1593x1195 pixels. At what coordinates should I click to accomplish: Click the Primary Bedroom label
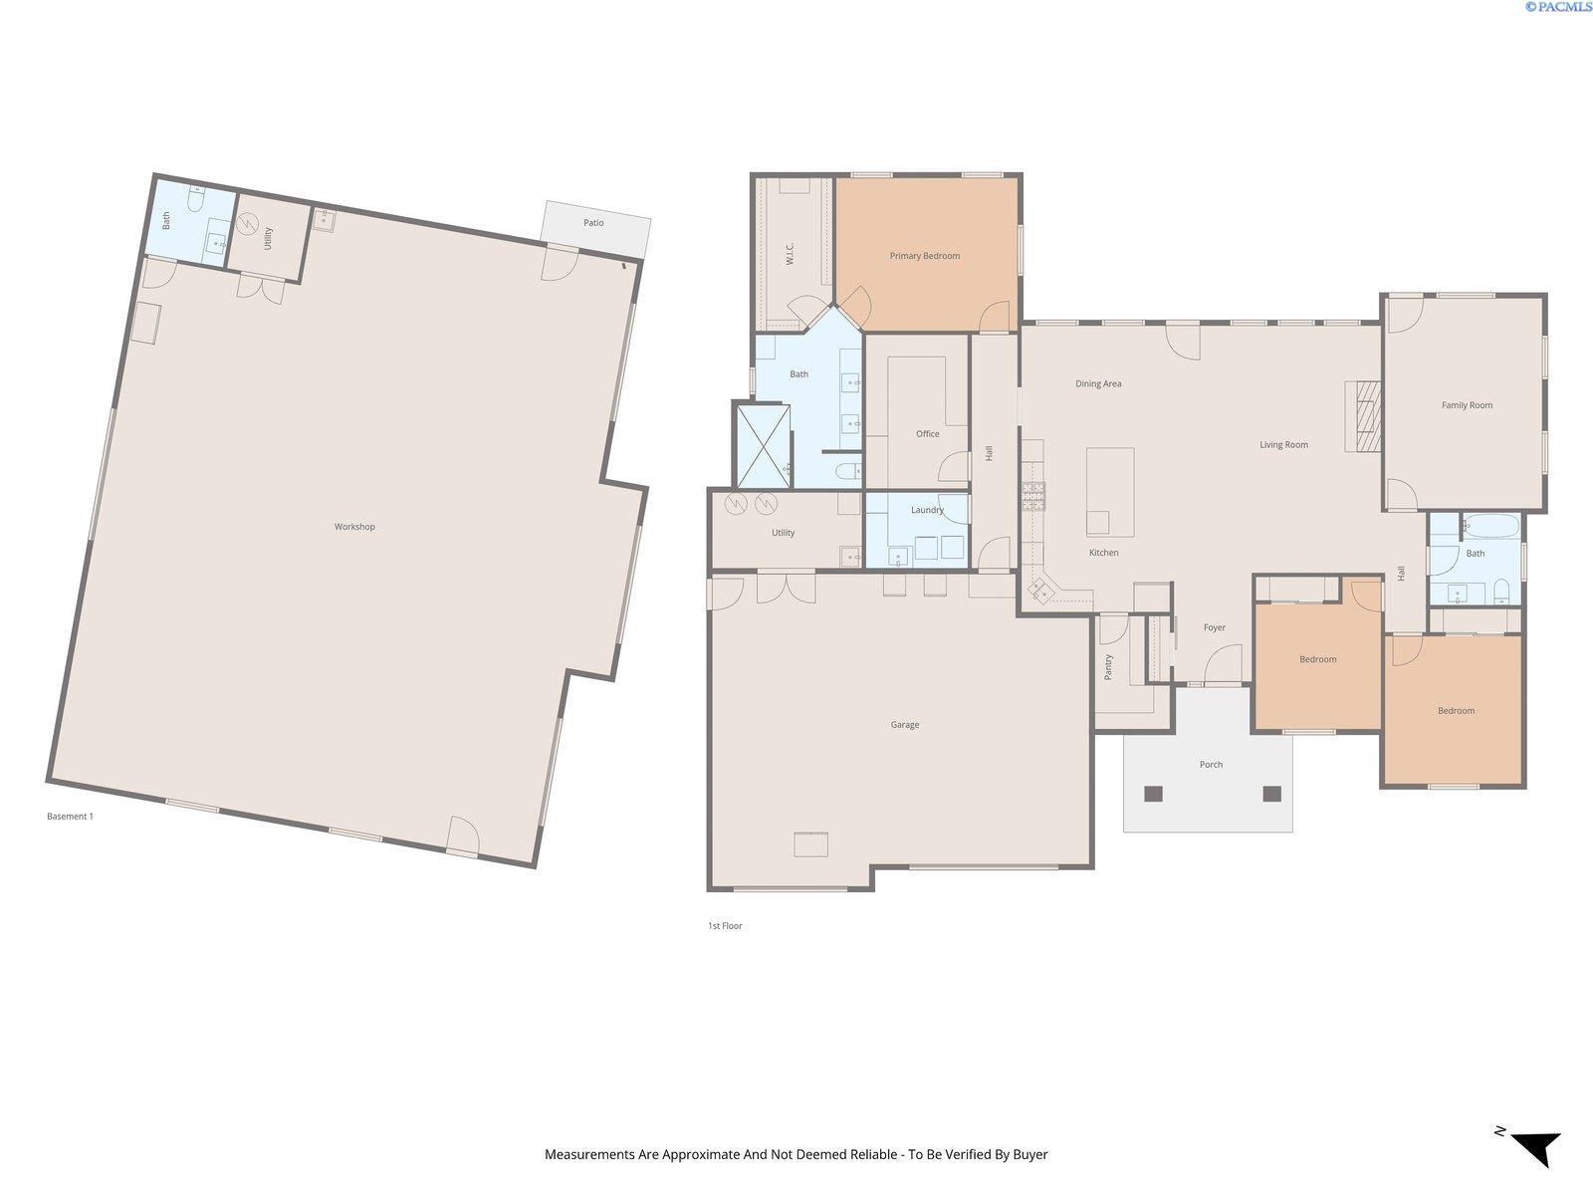point(924,256)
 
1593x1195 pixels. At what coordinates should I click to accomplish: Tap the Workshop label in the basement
point(354,527)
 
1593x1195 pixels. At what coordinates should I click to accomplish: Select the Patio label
point(593,223)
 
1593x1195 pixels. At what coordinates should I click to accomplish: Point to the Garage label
point(904,725)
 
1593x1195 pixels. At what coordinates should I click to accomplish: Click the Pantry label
point(1108,666)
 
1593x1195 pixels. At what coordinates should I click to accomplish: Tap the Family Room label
point(1467,405)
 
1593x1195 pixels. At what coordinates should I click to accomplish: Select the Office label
point(927,434)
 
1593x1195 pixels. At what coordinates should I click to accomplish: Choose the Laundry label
point(927,510)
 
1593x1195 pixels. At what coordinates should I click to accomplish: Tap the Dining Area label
point(1098,383)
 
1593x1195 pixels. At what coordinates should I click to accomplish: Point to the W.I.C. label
point(790,255)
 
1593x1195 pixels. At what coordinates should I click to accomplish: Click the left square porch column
point(1153,794)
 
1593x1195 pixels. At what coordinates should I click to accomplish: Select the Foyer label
point(1214,627)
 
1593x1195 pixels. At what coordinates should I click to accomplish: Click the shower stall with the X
point(763,444)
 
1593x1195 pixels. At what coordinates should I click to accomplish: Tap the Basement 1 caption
point(70,817)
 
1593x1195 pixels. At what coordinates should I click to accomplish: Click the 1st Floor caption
point(725,926)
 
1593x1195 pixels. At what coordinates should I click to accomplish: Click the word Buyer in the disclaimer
point(1030,1155)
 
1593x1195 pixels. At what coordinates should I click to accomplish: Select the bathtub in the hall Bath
point(1490,527)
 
